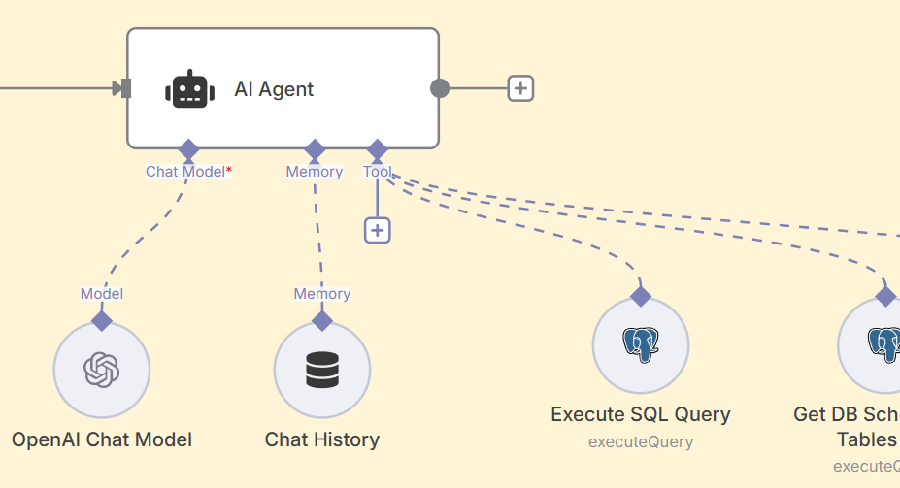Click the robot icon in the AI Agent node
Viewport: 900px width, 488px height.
click(x=189, y=89)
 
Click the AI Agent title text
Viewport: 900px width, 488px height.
click(x=274, y=89)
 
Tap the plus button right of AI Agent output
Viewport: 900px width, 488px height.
click(x=521, y=88)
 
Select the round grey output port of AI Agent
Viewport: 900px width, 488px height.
click(x=440, y=88)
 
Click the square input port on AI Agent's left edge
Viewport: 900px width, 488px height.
click(x=124, y=88)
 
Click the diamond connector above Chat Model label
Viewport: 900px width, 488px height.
click(x=188, y=149)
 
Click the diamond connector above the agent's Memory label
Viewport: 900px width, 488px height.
click(x=315, y=149)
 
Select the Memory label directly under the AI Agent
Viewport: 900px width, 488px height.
click(x=314, y=172)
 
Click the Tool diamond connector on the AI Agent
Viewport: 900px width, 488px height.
click(x=378, y=149)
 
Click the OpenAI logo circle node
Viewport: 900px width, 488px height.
click(x=101, y=370)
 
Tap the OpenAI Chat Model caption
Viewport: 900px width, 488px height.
click(x=102, y=439)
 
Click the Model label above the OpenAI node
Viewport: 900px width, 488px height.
click(x=102, y=294)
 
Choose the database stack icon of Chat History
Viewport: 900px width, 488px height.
click(x=322, y=370)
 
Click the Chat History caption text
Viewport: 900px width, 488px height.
click(x=322, y=439)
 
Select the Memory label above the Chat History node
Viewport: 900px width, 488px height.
click(x=322, y=294)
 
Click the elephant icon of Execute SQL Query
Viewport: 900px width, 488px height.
click(x=641, y=345)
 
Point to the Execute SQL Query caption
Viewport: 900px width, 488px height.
click(x=641, y=414)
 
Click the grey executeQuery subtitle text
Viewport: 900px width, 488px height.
click(x=641, y=442)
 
